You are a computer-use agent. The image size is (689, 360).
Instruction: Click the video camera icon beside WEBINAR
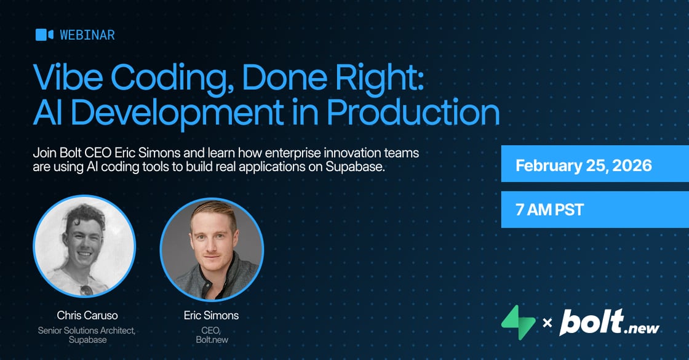[44, 34]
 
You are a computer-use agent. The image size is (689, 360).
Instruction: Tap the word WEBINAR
[87, 34]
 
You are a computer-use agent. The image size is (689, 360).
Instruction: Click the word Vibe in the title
[68, 78]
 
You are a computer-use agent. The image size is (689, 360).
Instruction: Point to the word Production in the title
[413, 113]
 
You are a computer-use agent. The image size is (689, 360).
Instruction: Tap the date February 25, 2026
[584, 166]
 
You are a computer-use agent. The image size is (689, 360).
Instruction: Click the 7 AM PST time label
[549, 210]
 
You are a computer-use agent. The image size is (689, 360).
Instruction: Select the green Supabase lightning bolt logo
[519, 322]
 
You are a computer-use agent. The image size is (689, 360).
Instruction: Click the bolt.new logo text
[610, 322]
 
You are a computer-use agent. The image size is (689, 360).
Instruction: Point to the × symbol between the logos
[547, 324]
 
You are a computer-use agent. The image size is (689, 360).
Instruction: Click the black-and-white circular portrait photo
[84, 246]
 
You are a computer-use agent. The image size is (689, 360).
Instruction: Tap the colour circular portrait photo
[212, 249]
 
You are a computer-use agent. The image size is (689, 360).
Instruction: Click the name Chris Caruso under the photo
[87, 315]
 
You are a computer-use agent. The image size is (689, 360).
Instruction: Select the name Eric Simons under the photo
[212, 315]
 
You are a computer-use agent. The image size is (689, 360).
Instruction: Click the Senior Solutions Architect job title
[87, 330]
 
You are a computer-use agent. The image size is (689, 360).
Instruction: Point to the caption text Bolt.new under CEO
[212, 340]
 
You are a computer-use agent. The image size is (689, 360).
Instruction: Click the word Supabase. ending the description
[355, 167]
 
